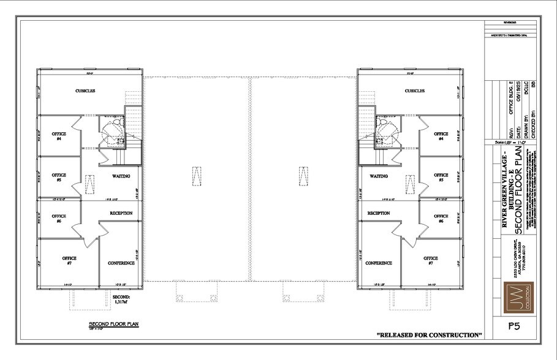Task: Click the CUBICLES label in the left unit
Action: click(x=85, y=91)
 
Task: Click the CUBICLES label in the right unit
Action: click(x=415, y=91)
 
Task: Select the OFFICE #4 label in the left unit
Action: click(x=59, y=136)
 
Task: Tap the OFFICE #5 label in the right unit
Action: click(x=441, y=178)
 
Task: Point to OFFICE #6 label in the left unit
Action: click(x=59, y=219)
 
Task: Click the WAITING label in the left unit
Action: click(x=120, y=176)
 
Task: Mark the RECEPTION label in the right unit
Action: click(x=379, y=213)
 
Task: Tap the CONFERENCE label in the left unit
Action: click(x=121, y=263)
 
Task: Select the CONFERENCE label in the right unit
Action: click(x=379, y=263)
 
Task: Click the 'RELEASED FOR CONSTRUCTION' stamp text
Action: click(x=430, y=335)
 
